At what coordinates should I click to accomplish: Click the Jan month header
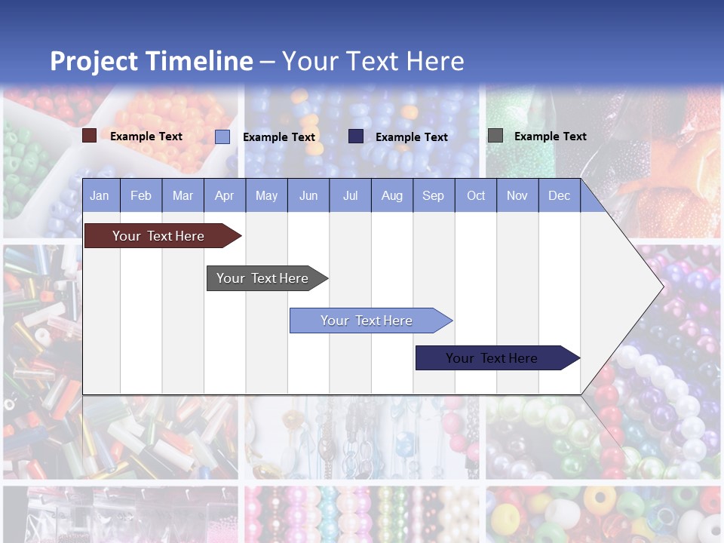[100, 195]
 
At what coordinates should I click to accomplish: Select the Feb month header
[141, 195]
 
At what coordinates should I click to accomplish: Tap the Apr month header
[225, 195]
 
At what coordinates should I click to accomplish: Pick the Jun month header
[308, 195]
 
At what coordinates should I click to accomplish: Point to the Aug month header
[392, 195]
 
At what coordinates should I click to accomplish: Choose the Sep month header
[434, 195]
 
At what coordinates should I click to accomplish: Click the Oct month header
[476, 195]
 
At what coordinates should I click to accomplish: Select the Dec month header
[560, 195]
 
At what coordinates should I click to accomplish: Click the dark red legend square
[89, 136]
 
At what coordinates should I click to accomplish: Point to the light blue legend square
[222, 137]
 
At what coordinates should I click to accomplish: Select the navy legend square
[356, 137]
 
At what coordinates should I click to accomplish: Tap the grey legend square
[495, 136]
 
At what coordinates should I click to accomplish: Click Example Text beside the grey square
[550, 137]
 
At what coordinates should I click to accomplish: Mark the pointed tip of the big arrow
[662, 286]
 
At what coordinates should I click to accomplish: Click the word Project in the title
[94, 61]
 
